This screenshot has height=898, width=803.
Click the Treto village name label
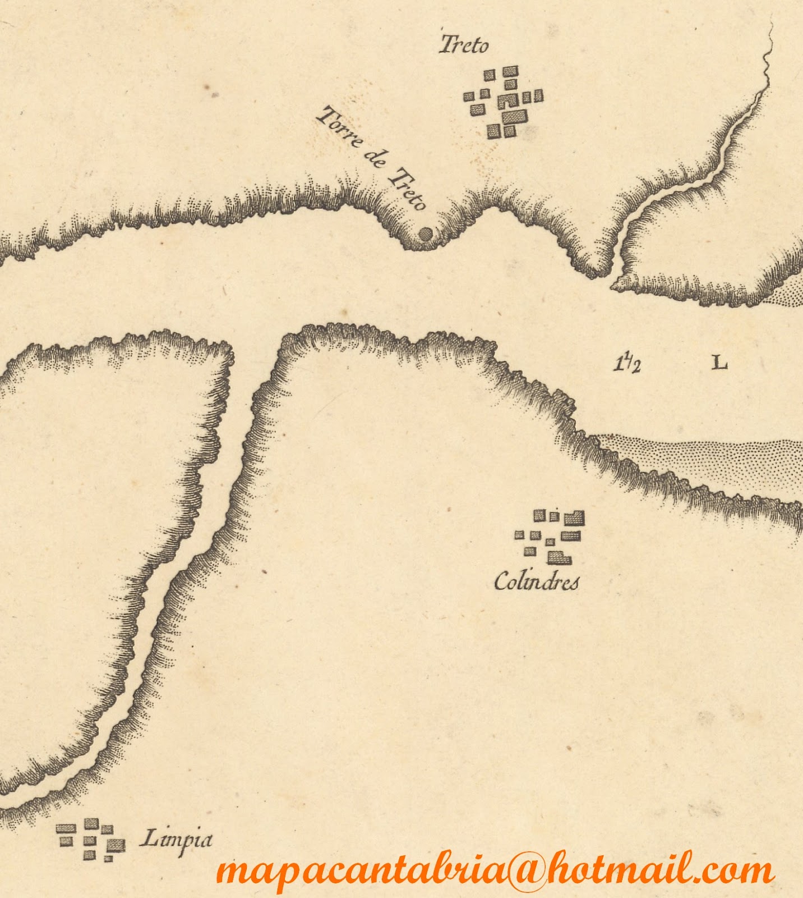[x=463, y=44]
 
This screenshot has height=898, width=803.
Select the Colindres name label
[x=536, y=581]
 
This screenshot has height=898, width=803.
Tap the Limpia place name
[x=176, y=840]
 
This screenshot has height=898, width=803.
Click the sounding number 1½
[x=626, y=364]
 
